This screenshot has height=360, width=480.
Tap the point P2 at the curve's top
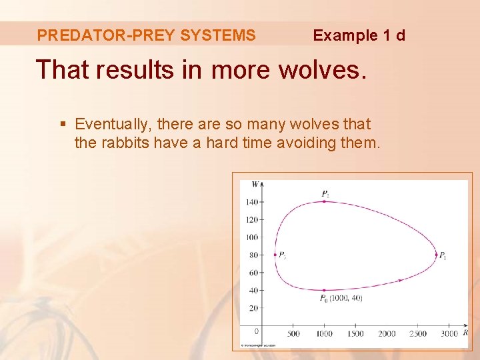coord(324,201)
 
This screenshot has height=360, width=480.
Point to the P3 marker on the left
coord(275,255)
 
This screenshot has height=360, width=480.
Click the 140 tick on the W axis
coord(252,202)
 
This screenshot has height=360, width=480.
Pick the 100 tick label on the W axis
coord(252,237)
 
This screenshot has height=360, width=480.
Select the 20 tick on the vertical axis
coord(254,308)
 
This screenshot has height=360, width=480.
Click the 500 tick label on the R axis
coord(293,333)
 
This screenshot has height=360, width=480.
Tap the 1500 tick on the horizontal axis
coord(355,333)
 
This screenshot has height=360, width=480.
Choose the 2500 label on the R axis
coord(418,333)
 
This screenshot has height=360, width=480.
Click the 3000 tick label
coord(449,333)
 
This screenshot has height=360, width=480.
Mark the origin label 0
coord(256,331)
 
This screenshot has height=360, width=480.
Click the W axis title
coord(255,184)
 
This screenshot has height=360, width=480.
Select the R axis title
coord(465,332)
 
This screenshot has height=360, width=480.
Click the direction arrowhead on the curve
coord(399,280)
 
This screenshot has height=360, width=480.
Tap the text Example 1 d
coord(359,35)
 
